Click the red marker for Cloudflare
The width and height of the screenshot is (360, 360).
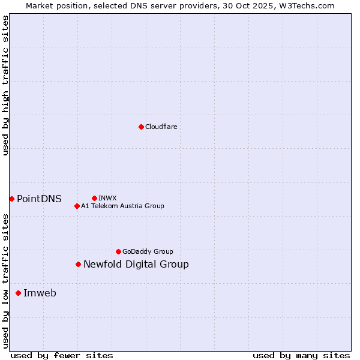[x=141, y=127]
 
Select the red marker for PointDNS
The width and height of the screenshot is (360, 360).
[x=11, y=199]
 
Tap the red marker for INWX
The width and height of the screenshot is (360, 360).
[x=94, y=198]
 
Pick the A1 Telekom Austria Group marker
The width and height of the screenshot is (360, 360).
[x=77, y=206]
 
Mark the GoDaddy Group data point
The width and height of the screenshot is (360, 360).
[x=118, y=251]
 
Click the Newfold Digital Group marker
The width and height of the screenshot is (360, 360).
[x=78, y=264]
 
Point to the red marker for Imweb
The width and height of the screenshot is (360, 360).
[x=18, y=293]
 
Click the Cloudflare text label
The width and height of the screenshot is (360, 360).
[x=161, y=127]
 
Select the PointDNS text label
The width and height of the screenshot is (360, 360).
[x=39, y=199]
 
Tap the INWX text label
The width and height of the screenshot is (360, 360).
[x=107, y=198]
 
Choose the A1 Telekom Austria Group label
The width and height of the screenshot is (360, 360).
[x=122, y=206]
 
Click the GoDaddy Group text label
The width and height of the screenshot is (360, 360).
[x=148, y=251]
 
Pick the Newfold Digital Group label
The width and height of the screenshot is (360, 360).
[x=136, y=265]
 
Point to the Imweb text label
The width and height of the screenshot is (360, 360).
[x=40, y=293]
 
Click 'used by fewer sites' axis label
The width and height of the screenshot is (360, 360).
[x=62, y=355]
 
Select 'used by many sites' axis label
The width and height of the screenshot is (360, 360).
[x=301, y=355]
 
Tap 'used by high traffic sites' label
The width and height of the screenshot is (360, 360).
[x=5, y=85]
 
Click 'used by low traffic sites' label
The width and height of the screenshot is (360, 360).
[x=5, y=281]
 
